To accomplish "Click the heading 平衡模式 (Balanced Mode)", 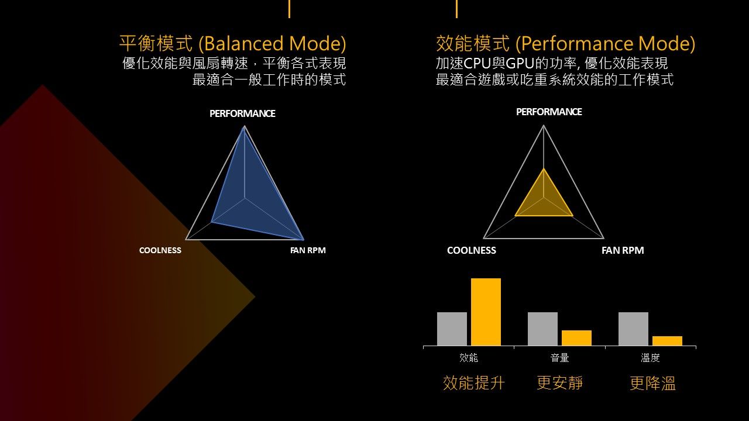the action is point(233,44).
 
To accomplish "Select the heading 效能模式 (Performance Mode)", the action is point(565,44).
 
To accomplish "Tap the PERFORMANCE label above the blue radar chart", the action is point(242,113).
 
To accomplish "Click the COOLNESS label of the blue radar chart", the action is point(160,250).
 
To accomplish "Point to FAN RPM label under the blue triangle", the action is point(308,250).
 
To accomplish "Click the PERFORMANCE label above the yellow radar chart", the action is point(549,112).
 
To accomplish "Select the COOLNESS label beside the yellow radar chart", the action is point(472,250).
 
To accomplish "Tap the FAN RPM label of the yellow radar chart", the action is point(623,250).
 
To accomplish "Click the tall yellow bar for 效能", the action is point(486,312).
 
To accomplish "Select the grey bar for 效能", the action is point(452,329).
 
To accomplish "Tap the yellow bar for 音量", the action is point(576,338).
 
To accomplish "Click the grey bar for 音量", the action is point(542,329).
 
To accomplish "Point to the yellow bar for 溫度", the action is point(667,341).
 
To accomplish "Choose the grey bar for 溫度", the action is point(633,329).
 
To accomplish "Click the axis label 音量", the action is point(559,358).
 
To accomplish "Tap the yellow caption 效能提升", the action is point(473,383).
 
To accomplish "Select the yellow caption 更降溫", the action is point(652,383).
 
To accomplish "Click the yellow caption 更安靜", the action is point(559,383).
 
